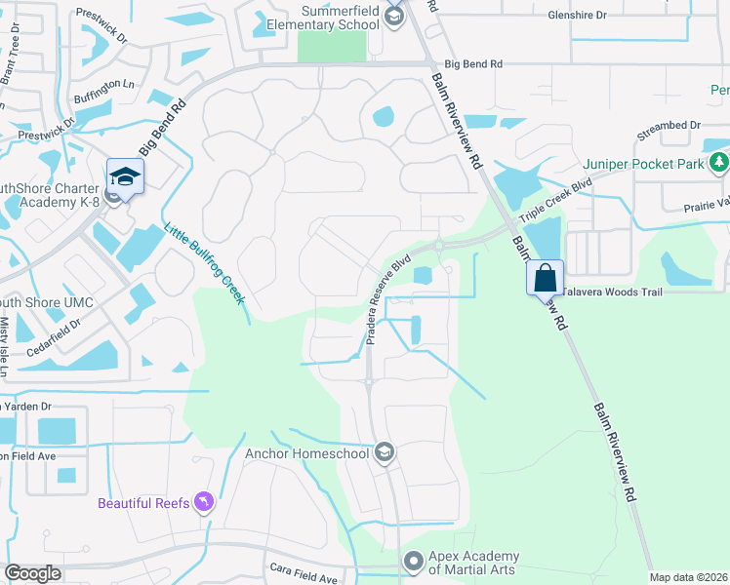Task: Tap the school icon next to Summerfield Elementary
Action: pos(393,15)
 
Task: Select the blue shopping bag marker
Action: pos(545,279)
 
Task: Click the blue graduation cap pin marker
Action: pos(125,175)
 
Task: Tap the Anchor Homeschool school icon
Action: pos(385,451)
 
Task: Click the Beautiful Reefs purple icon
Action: pos(204,502)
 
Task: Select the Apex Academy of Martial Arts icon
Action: pos(414,562)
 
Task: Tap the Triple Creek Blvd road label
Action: pos(555,203)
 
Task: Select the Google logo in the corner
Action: pos(33,573)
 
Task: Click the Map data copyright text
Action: pos(687,577)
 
